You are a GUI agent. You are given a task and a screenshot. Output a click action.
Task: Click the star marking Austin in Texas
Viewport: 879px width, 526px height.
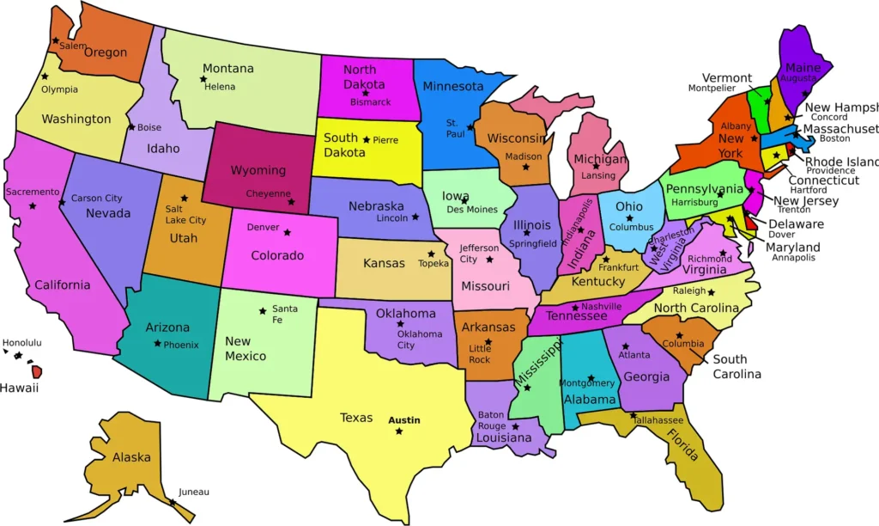coord(398,431)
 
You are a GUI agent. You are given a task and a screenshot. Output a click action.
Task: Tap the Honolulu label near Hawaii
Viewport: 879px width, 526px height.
coord(21,343)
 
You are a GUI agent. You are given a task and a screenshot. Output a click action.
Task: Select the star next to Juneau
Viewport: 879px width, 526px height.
coord(172,502)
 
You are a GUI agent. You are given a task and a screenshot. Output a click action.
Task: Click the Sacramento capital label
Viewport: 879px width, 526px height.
coord(33,193)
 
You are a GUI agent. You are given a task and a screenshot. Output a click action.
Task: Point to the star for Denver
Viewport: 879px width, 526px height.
coord(287,232)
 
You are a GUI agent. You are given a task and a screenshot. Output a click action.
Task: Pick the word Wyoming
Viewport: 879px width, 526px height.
coord(258,170)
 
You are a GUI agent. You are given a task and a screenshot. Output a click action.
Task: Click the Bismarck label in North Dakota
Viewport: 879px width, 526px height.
coord(370,102)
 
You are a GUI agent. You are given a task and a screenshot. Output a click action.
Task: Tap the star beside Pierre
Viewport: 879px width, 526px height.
coord(367,139)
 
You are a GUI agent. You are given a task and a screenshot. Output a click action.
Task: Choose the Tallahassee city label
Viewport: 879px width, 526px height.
coord(658,420)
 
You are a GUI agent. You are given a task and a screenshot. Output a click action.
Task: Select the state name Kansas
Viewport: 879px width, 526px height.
coord(384,263)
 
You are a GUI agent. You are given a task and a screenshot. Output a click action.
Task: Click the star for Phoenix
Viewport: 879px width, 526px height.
coord(157,344)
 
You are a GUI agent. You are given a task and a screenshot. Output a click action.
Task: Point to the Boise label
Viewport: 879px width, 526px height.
coord(149,128)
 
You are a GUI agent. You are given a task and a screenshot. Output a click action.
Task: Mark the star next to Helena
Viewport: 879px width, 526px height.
coord(203,79)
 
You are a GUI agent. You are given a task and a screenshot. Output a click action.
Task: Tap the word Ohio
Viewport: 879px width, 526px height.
coord(628,206)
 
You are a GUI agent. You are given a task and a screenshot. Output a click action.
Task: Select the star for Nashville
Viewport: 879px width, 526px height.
coord(575,307)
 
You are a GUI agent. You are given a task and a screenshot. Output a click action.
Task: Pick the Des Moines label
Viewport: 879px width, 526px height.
coord(471,210)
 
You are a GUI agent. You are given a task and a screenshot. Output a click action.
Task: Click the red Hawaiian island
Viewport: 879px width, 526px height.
coord(37,371)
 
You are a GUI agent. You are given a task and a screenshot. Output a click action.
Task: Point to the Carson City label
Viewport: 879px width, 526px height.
coord(96,199)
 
